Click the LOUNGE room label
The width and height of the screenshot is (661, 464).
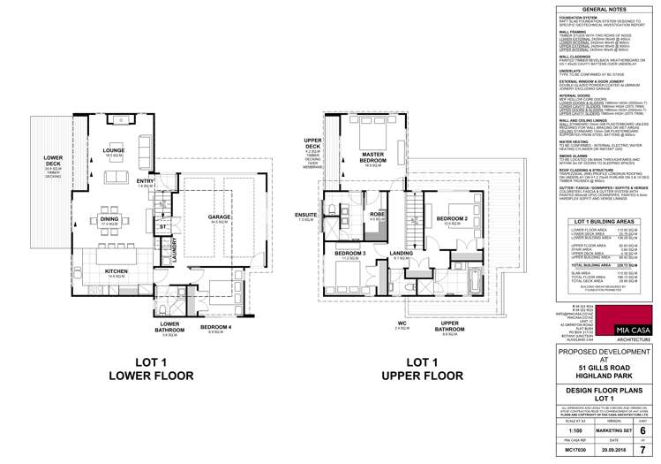pyautogui.click(x=113, y=126)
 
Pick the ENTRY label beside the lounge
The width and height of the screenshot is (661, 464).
pyautogui.click(x=169, y=182)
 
